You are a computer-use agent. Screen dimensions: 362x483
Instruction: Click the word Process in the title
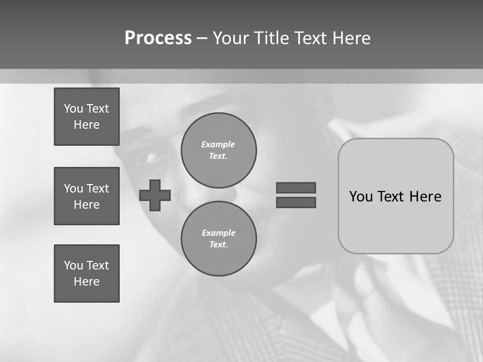click(158, 38)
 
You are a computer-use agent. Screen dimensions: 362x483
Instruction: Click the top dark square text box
click(87, 117)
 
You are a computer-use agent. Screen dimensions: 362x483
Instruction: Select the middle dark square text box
click(87, 196)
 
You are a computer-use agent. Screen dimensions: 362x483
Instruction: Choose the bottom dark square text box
click(87, 274)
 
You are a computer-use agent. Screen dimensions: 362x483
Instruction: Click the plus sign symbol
click(155, 195)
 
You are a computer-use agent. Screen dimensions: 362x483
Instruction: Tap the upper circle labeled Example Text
click(219, 150)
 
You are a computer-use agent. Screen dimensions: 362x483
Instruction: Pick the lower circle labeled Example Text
click(219, 239)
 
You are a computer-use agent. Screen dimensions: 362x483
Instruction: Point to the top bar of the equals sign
click(296, 188)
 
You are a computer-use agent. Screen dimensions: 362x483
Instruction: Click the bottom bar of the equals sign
click(296, 202)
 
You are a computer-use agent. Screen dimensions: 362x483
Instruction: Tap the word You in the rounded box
click(360, 197)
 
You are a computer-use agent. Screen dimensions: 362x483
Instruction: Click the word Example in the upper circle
click(218, 144)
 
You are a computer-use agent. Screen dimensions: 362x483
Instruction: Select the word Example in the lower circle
click(218, 233)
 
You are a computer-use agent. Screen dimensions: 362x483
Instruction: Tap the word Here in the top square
click(87, 125)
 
